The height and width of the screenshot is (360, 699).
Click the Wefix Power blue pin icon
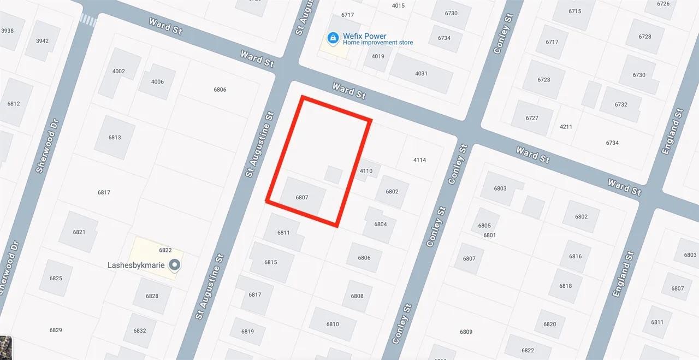[332, 38]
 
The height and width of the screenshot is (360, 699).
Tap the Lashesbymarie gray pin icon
[175, 265]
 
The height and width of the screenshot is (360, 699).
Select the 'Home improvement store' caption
[378, 43]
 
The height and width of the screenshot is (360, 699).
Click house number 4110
[366, 171]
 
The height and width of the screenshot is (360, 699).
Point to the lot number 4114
[419, 160]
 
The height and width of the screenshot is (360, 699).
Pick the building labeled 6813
[115, 138]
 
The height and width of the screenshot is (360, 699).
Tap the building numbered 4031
[421, 73]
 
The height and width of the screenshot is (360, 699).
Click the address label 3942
[42, 41]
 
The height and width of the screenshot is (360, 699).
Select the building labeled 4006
[157, 82]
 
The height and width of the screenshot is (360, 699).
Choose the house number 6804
[380, 225]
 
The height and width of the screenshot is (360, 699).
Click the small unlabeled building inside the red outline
[333, 175]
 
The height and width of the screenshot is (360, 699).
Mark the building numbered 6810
[333, 324]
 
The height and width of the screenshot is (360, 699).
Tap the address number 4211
[566, 127]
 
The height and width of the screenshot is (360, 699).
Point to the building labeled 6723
[544, 80]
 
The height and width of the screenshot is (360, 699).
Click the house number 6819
[247, 332]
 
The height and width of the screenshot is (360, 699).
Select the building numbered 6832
[140, 331]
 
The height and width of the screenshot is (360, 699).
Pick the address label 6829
[56, 330]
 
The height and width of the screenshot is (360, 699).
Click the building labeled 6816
[575, 256]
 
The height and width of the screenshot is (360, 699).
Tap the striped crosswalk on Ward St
[88, 21]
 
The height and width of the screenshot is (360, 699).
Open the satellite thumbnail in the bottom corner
[5, 348]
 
